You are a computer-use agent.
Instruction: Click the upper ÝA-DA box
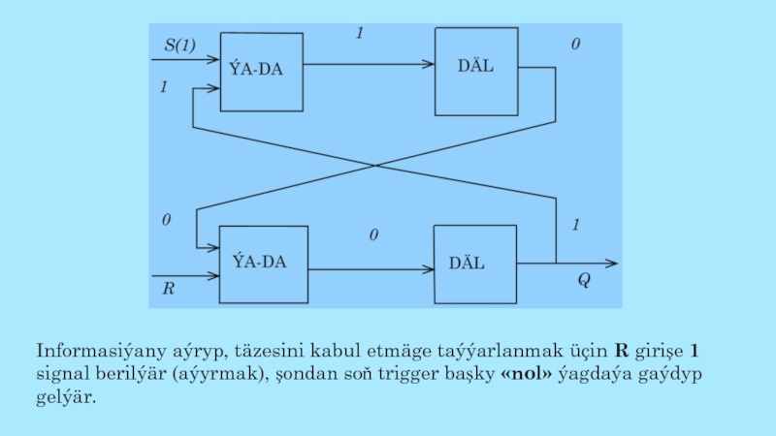(263, 71)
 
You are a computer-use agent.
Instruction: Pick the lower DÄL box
(475, 264)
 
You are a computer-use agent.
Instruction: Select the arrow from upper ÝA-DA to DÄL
(369, 65)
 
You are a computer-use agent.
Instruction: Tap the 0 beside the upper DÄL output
(575, 45)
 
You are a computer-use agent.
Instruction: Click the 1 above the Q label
(575, 225)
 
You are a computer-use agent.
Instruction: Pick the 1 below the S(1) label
(164, 87)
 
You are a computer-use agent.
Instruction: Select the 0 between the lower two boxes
(372, 235)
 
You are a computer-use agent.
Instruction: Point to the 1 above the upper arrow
(359, 34)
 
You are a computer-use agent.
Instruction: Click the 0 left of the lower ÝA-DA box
(167, 221)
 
